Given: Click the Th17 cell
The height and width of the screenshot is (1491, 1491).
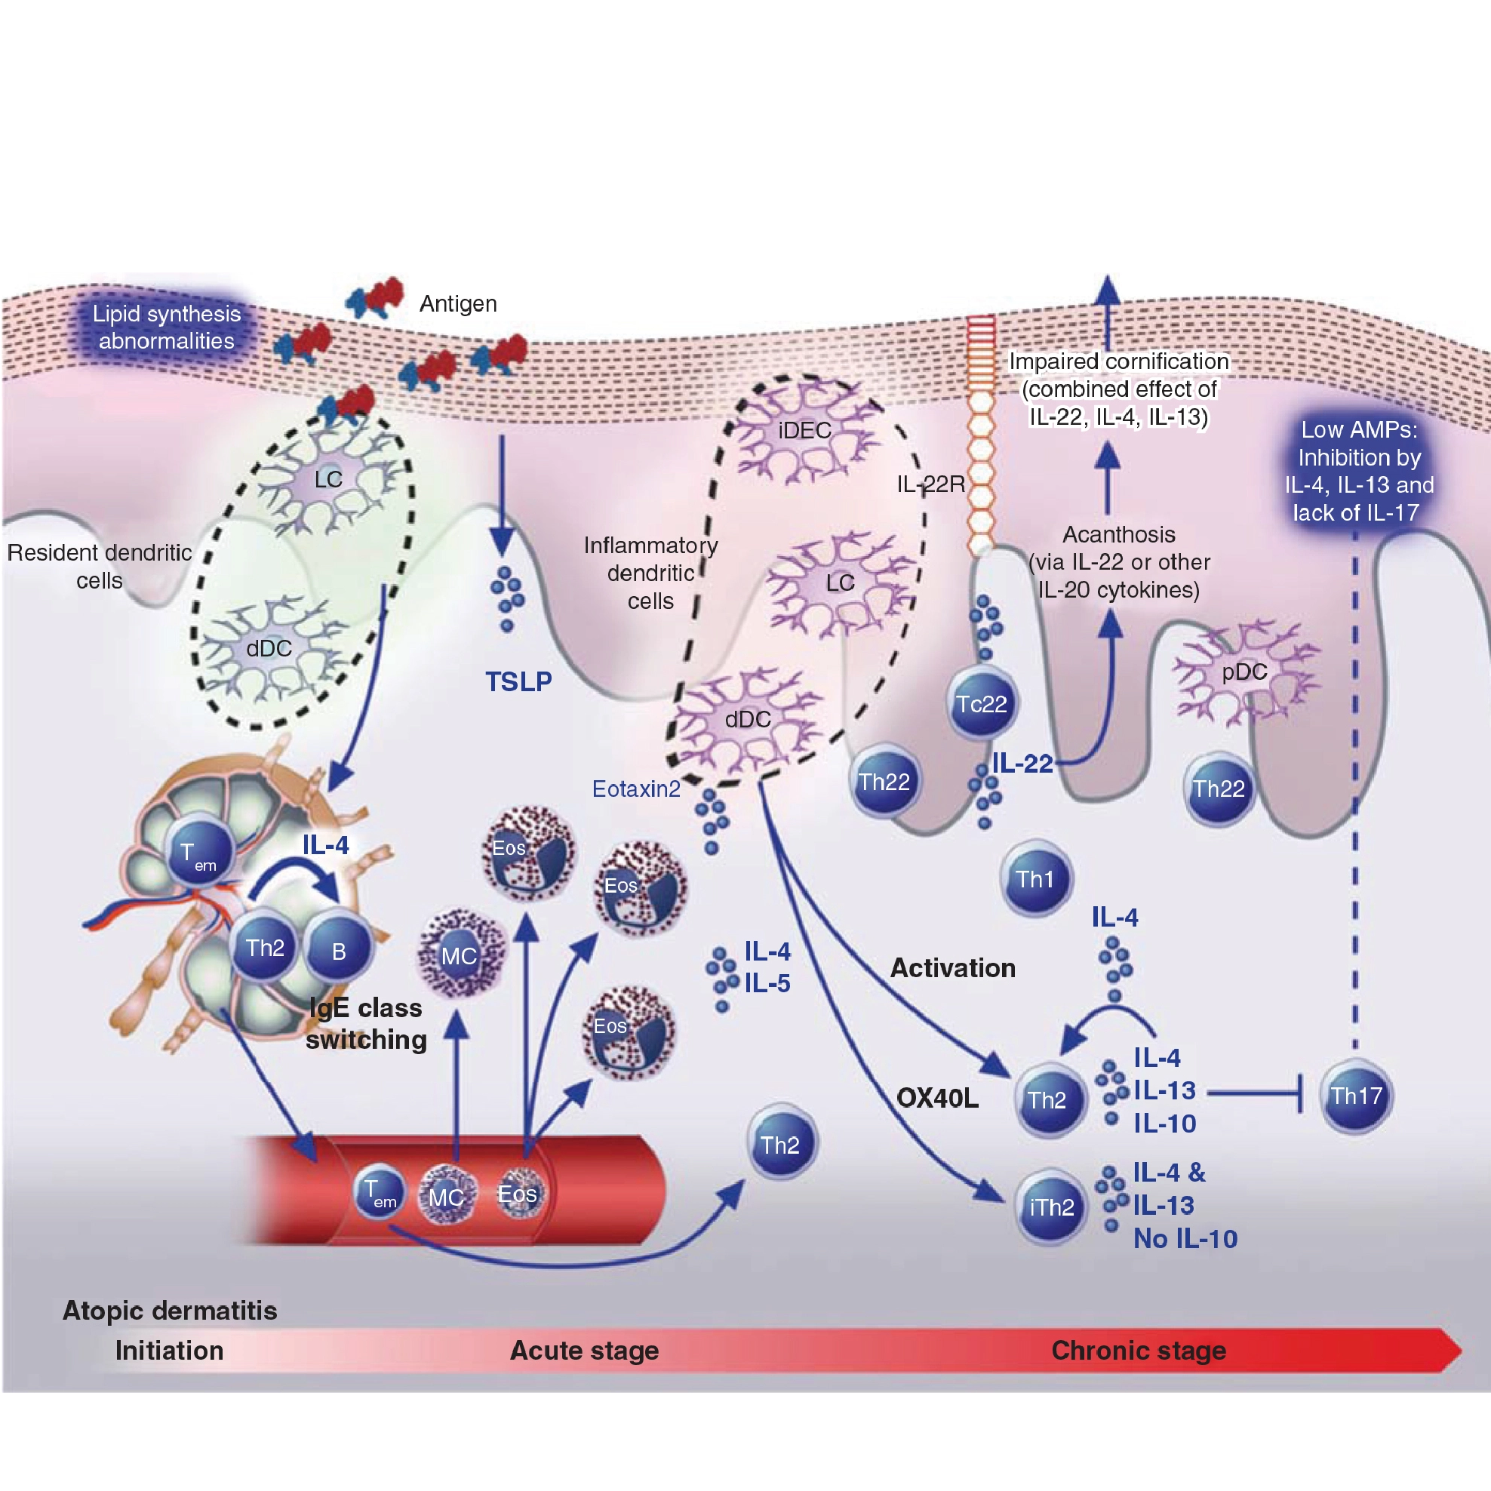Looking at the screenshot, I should [1356, 1096].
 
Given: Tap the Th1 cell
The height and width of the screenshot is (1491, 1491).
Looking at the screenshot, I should [1036, 879].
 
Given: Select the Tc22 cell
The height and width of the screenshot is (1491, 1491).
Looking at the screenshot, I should [981, 704].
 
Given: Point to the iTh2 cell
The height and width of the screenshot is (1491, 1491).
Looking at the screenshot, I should [1051, 1207].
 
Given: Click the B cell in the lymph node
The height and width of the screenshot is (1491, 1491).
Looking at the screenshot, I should [338, 951].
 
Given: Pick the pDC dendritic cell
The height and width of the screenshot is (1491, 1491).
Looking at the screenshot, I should [1244, 672].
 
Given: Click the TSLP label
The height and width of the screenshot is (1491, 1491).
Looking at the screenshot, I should [518, 681].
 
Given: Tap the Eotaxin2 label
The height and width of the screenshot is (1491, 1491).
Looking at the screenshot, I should [636, 789].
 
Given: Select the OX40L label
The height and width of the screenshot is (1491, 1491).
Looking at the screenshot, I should [937, 1097].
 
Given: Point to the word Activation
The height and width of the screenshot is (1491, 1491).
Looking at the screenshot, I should [952, 968].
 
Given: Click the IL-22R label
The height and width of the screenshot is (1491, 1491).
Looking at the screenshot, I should [930, 484].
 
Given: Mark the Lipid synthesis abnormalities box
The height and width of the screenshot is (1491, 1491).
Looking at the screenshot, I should [167, 327].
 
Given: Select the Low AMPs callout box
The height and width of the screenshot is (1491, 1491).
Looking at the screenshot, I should [1359, 471].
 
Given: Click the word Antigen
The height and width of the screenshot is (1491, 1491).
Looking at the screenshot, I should [458, 303].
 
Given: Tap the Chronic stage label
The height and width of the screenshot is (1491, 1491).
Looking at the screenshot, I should [1139, 1351].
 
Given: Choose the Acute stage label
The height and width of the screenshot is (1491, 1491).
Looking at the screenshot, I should [584, 1351].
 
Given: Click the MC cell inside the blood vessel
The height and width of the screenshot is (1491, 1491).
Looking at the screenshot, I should [446, 1197].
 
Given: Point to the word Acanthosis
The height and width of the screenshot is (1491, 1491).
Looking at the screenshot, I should [1119, 534].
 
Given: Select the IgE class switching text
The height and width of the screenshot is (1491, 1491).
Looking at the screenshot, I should [366, 1024].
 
